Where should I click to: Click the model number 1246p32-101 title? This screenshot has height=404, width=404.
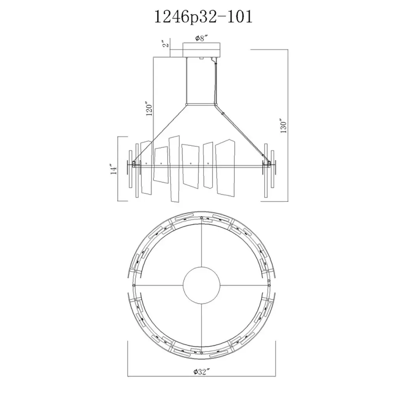(x=203, y=17)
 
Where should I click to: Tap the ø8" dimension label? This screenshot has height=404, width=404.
(x=202, y=38)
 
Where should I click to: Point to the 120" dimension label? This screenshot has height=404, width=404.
(x=150, y=110)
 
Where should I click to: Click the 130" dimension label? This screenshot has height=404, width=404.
(x=283, y=126)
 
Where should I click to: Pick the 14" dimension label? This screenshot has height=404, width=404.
(x=114, y=169)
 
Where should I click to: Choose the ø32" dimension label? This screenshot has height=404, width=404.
(x=201, y=372)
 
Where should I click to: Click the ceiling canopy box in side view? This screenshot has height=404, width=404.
(x=202, y=50)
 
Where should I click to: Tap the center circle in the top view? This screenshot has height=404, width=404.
(x=202, y=285)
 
